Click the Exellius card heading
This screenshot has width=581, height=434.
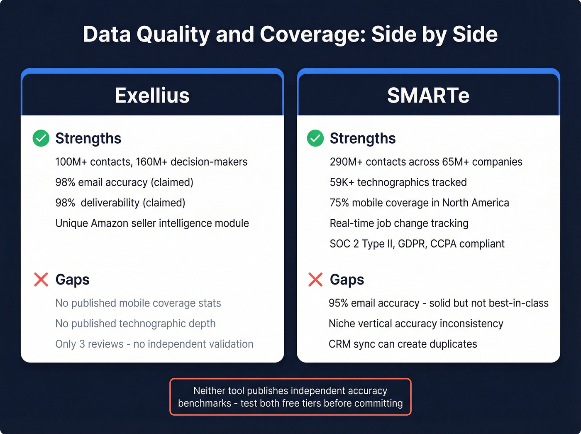152,96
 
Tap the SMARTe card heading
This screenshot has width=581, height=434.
428,96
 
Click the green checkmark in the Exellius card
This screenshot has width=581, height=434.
41,138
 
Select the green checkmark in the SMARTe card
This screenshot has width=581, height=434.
315,138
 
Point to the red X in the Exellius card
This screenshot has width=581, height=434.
41,280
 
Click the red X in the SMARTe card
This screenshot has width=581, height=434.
315,280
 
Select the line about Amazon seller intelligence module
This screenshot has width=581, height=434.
152,223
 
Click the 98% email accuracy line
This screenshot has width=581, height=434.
124,182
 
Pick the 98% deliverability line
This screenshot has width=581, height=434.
120,203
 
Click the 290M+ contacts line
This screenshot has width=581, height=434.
426,162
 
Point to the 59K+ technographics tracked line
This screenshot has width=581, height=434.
398,182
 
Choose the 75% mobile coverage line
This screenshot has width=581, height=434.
419,203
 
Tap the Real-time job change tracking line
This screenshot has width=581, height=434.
399,223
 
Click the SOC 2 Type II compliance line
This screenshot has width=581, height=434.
417,244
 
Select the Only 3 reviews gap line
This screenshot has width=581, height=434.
154,344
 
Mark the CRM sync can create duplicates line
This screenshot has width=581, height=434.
403,344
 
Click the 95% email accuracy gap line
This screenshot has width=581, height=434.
438,303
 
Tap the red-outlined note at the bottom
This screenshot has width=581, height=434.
290,397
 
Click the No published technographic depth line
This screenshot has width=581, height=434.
135,324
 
